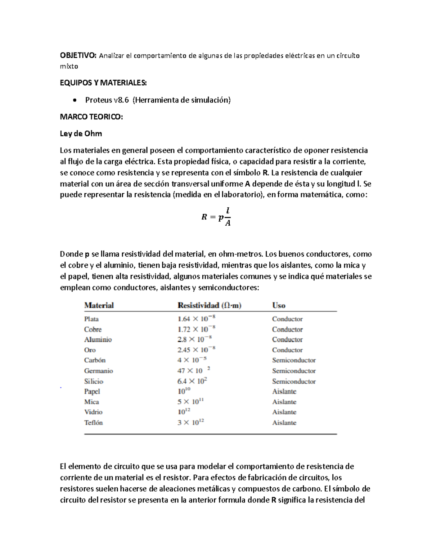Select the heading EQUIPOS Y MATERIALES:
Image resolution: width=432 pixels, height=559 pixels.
point(103,83)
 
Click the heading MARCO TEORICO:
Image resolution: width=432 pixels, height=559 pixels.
point(91,117)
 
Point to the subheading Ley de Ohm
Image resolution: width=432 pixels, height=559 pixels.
point(81,134)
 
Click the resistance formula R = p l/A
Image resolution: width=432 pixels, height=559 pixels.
point(216,217)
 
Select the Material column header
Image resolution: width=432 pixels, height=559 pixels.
point(99,305)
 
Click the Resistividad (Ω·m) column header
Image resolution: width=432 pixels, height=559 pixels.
point(210,305)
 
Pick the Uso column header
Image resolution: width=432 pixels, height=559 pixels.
point(279,305)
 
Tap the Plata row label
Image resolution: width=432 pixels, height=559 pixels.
point(91,319)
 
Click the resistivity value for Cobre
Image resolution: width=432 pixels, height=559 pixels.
point(196,329)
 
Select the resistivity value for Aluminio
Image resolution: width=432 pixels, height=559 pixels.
point(194,339)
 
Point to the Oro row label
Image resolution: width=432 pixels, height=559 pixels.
point(90,350)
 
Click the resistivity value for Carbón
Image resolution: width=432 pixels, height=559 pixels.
point(192,360)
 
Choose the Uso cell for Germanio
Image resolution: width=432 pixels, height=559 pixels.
point(294,371)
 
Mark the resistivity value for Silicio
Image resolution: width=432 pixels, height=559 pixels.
point(192,381)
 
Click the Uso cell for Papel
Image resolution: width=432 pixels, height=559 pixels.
point(284,391)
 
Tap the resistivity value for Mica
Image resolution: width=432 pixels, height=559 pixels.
point(190,402)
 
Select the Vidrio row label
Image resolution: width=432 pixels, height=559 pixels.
point(93,412)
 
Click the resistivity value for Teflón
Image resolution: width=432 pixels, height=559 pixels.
point(191,423)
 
